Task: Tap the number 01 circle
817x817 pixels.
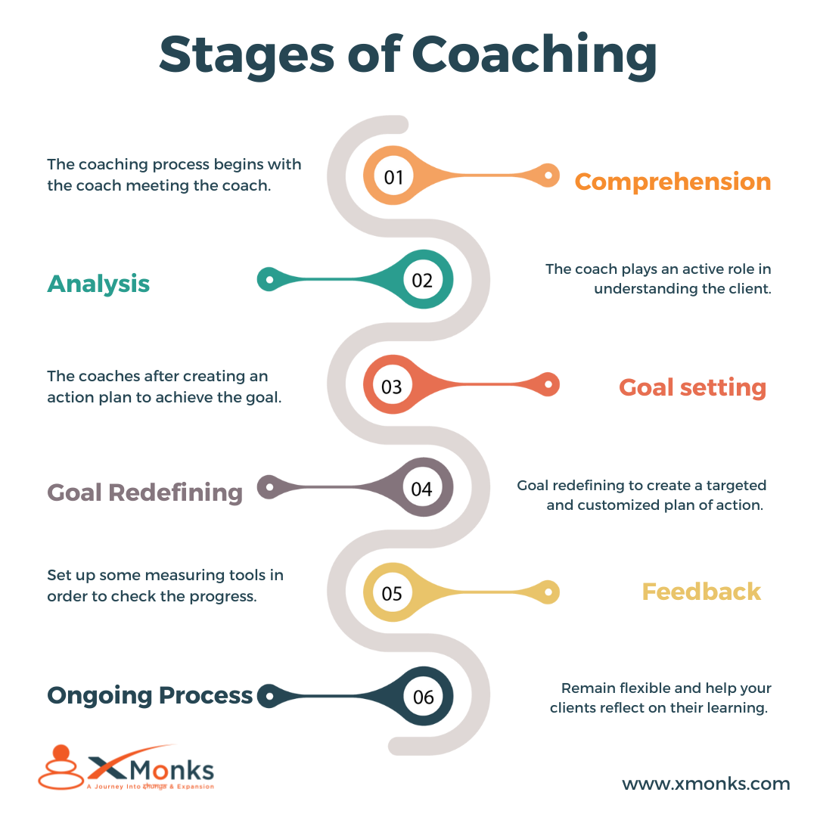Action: pyautogui.click(x=393, y=177)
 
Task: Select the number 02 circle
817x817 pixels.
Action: pyautogui.click(x=422, y=280)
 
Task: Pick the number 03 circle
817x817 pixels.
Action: pyautogui.click(x=392, y=386)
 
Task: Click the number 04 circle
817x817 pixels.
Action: pyautogui.click(x=421, y=488)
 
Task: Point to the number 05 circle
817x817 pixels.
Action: pyautogui.click(x=392, y=592)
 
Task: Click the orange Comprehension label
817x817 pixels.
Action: pyautogui.click(x=673, y=182)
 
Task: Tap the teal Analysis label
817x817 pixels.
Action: pyautogui.click(x=98, y=284)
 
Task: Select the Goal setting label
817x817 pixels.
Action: pyautogui.click(x=692, y=387)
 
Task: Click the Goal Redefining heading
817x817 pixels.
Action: pyautogui.click(x=144, y=492)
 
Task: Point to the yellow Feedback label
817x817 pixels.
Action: pyautogui.click(x=701, y=592)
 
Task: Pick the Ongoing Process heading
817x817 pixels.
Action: pyautogui.click(x=150, y=695)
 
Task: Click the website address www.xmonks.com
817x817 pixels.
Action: pyautogui.click(x=706, y=784)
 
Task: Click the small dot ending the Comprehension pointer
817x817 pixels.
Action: pyautogui.click(x=550, y=176)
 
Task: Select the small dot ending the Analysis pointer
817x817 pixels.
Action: pyautogui.click(x=267, y=279)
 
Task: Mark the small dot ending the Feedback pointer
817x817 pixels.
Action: pyautogui.click(x=550, y=592)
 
